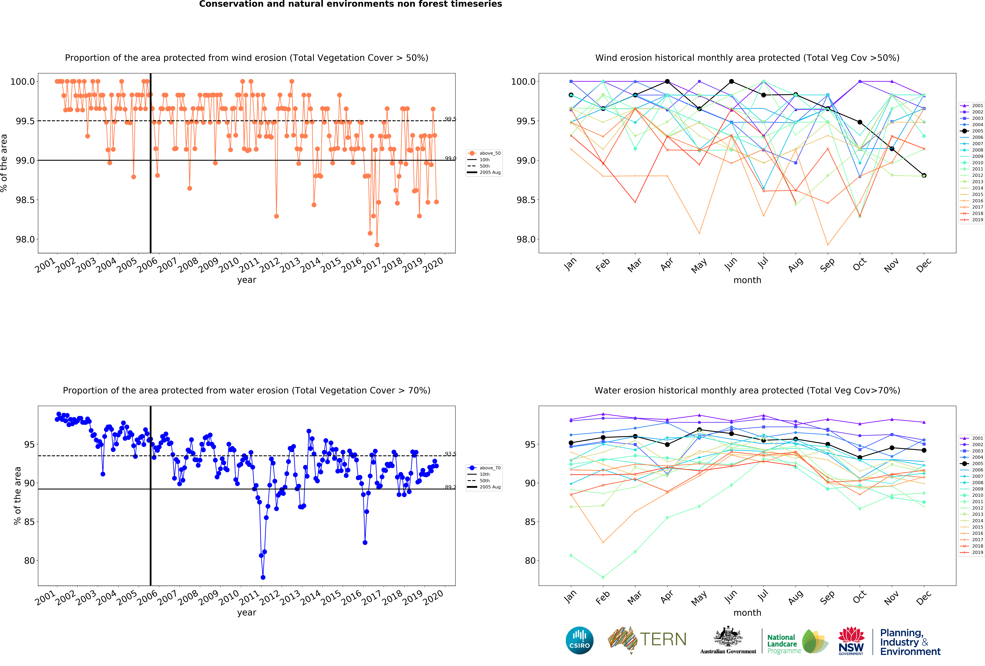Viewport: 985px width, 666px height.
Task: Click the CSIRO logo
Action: tap(579, 640)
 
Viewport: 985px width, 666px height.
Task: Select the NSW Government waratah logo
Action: tap(851, 641)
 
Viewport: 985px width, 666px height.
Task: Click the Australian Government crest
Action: tap(728, 636)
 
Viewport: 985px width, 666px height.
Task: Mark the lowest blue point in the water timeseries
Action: tap(263, 577)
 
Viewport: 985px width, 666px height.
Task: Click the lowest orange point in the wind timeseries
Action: tap(377, 245)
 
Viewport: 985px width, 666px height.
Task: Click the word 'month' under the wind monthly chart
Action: tap(747, 280)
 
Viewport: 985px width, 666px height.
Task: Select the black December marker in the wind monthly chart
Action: tap(924, 175)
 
